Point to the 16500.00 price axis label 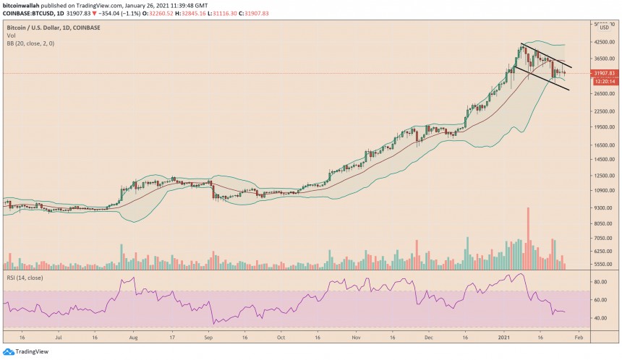(x=602, y=145)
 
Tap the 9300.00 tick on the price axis (x=602, y=208)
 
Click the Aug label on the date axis (x=133, y=337)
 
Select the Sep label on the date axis (x=208, y=337)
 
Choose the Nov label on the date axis (x=356, y=337)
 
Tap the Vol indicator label (x=12, y=35)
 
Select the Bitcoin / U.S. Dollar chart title (x=54, y=27)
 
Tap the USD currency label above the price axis (x=604, y=27)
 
